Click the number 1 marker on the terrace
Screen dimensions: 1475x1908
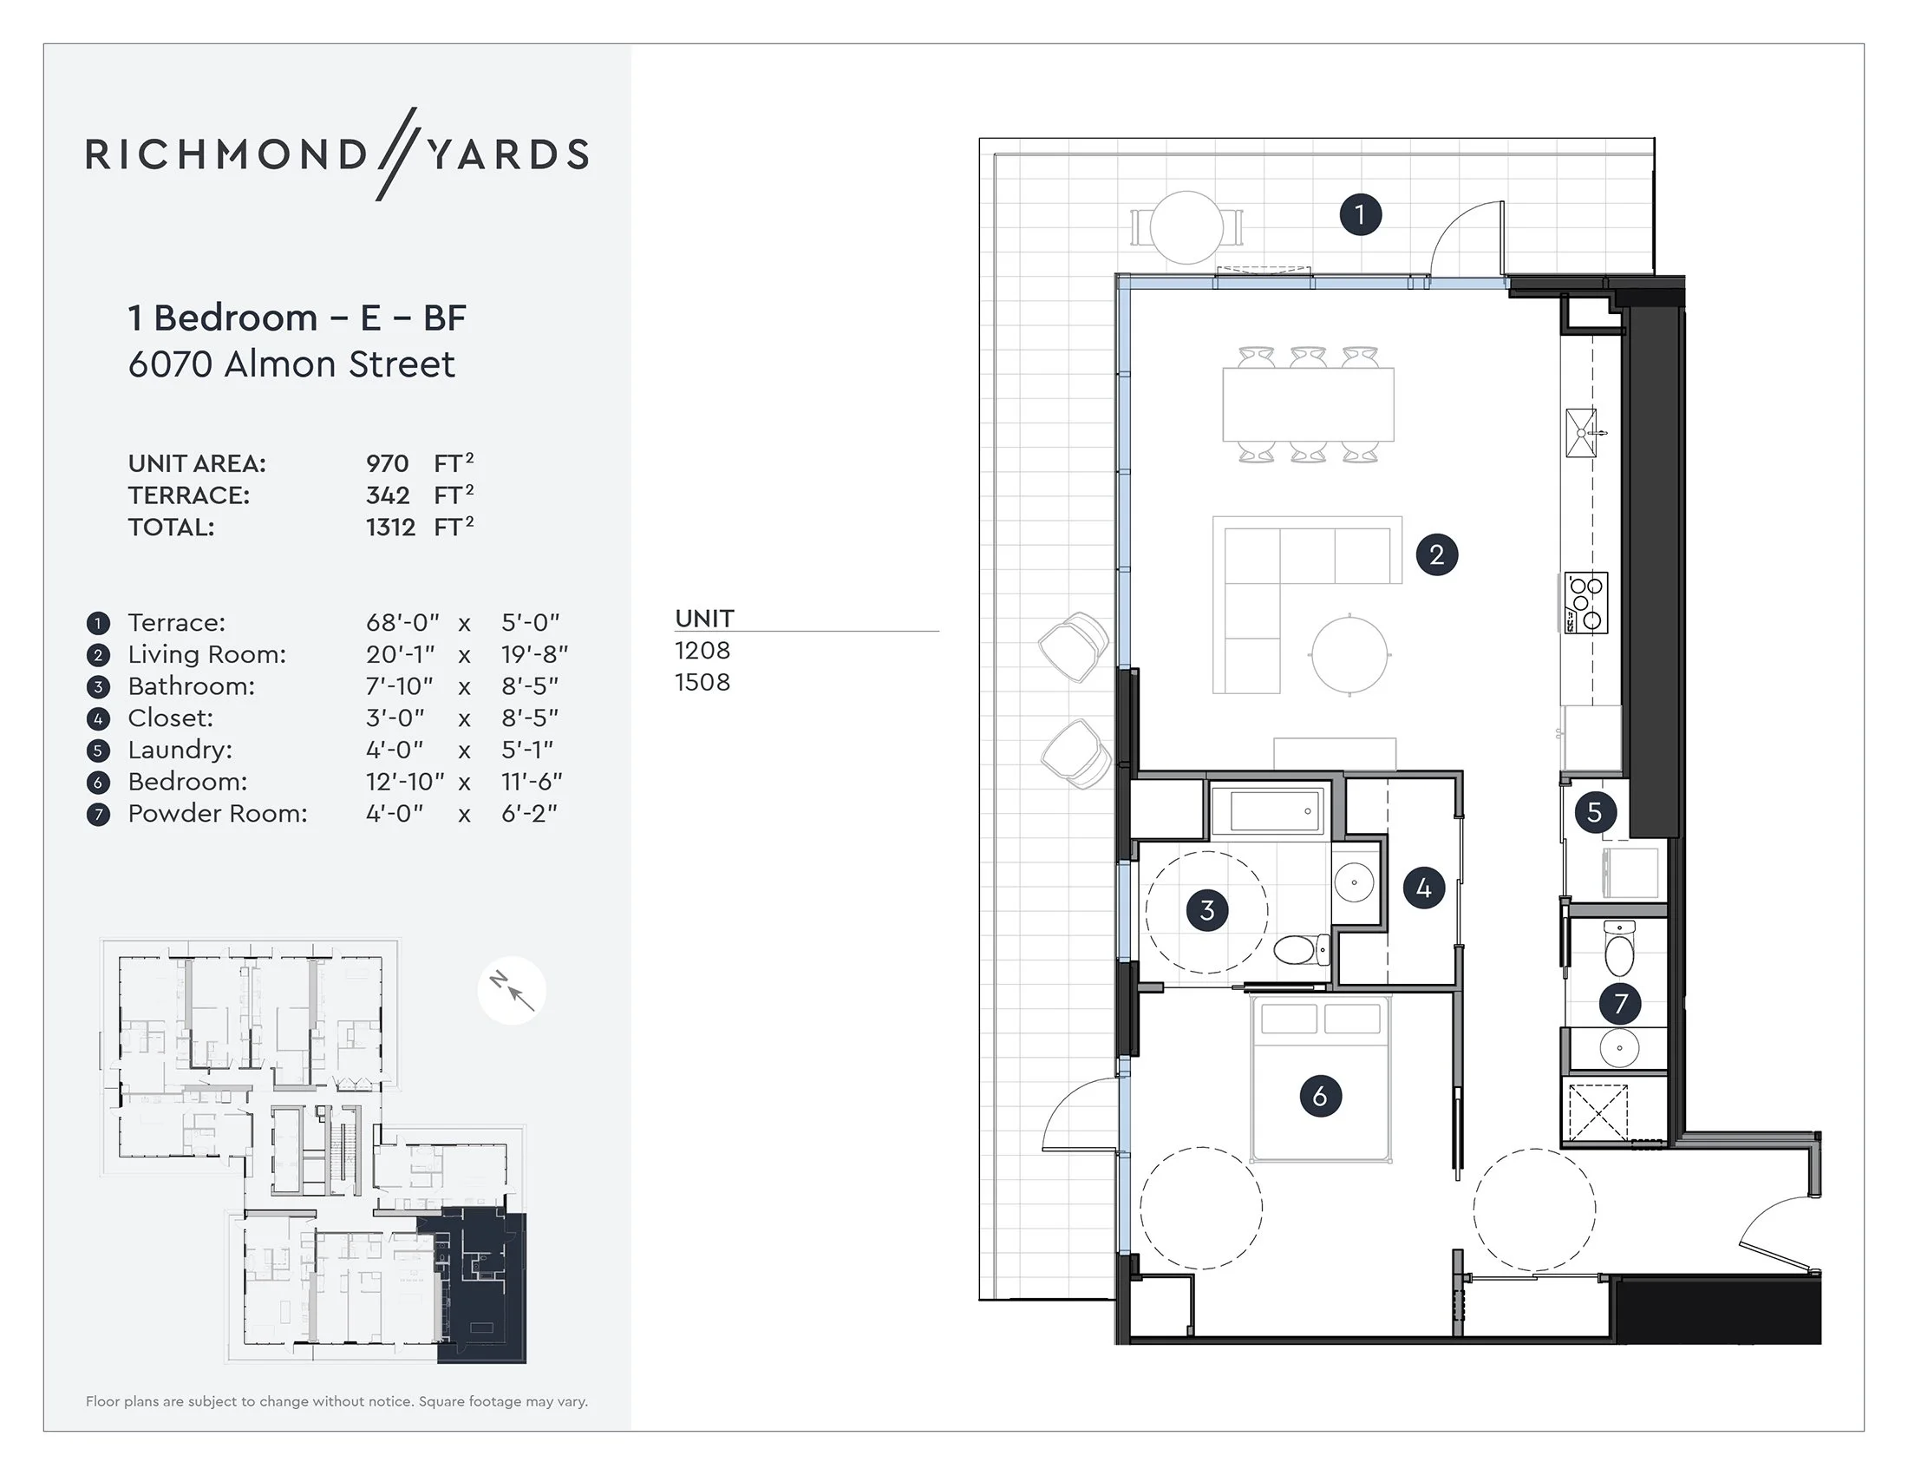1360,214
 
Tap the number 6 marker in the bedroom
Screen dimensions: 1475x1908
1319,1096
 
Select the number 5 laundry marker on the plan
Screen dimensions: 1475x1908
1594,812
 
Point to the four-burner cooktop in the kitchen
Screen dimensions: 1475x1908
1585,603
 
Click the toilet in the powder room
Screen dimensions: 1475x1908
1619,950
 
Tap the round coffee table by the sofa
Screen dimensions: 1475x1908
1349,654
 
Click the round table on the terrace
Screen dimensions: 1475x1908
1186,227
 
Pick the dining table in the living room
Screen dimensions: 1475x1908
1308,404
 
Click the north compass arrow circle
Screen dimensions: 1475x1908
512,991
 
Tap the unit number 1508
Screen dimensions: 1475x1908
702,683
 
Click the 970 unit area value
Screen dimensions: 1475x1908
387,464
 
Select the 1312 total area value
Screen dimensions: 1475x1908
390,528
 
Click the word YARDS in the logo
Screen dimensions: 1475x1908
507,154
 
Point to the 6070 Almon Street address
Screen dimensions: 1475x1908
291,364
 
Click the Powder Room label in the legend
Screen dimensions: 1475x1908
218,814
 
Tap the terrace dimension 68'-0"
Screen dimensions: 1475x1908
402,623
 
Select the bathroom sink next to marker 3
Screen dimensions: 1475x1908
1354,882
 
